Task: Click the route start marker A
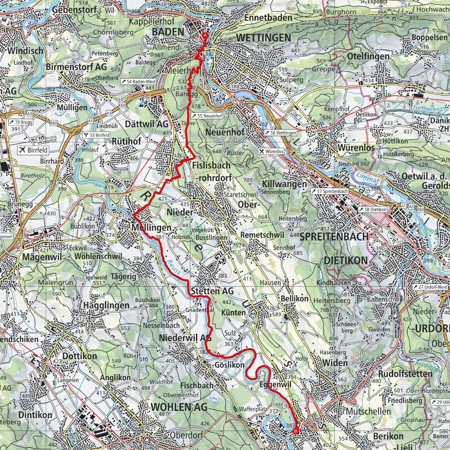pos(205,36)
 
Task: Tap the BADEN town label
pos(168,32)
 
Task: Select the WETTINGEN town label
pos(263,38)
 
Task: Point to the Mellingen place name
pos(151,228)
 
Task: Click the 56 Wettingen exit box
pos(281,132)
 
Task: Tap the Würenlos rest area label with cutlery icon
pos(272,152)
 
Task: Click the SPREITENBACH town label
pos(334,237)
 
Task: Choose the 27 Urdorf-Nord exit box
pos(431,287)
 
